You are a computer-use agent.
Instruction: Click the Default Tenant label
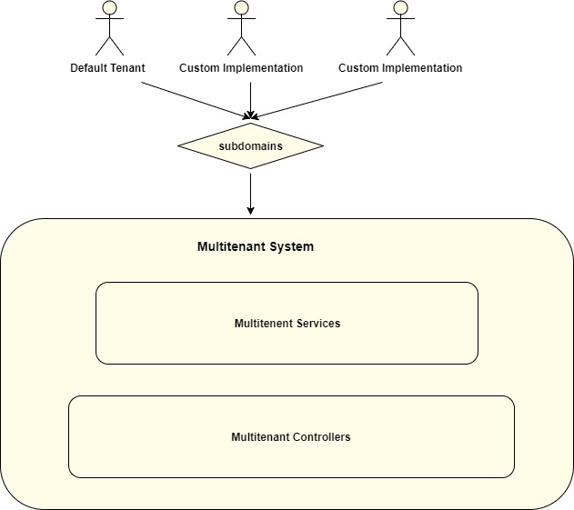107,68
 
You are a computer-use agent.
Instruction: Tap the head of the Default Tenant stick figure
109,8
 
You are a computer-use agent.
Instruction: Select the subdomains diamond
250,145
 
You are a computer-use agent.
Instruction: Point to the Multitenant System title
256,246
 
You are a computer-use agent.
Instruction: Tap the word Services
318,323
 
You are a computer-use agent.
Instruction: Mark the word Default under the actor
89,68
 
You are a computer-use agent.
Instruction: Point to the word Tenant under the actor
127,68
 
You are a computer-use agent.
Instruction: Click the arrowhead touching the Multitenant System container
250,212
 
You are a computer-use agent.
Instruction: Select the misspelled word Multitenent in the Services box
263,323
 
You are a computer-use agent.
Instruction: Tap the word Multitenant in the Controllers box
261,437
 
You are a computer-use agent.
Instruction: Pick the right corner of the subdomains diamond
321,145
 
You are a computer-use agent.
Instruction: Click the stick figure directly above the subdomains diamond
241,27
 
